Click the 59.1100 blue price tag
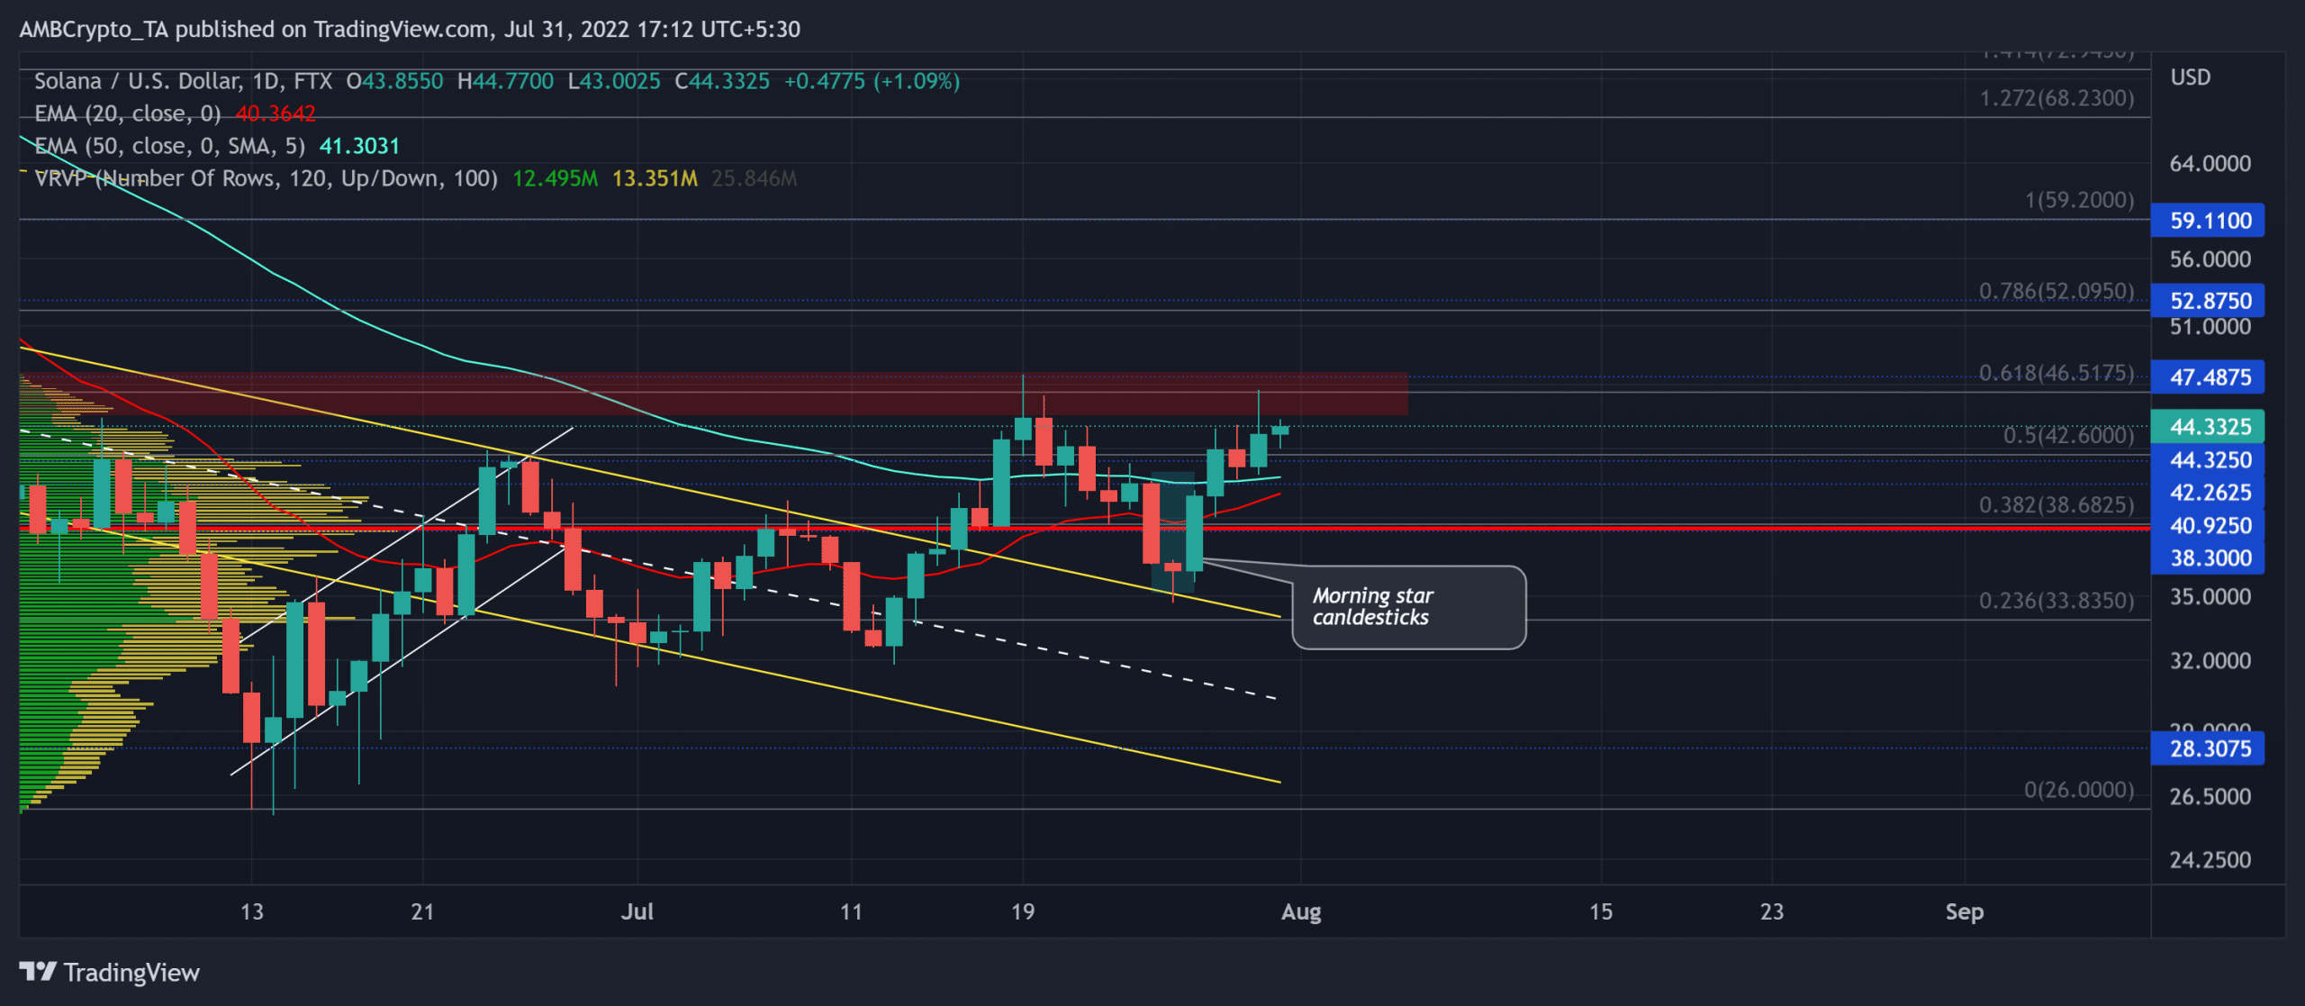pos(2208,221)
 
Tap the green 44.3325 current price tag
pos(2208,426)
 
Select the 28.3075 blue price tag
pos(2208,748)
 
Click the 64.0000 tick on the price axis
pos(2210,164)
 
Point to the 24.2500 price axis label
pos(2210,860)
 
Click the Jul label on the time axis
pos(637,911)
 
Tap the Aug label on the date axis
pos(1301,911)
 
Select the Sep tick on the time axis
pos(1964,911)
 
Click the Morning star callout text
pos(1371,606)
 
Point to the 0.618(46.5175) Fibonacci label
pos(2056,373)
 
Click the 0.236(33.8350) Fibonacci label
pos(2056,601)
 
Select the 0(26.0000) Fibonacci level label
pos(2078,790)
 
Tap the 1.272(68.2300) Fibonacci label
pos(2056,98)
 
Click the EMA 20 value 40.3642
pos(276,114)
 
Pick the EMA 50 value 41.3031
pos(359,146)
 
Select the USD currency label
pos(2190,77)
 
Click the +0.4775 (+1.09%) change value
pos(871,81)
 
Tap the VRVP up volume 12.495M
pos(555,178)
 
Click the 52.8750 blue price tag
pos(2208,301)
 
